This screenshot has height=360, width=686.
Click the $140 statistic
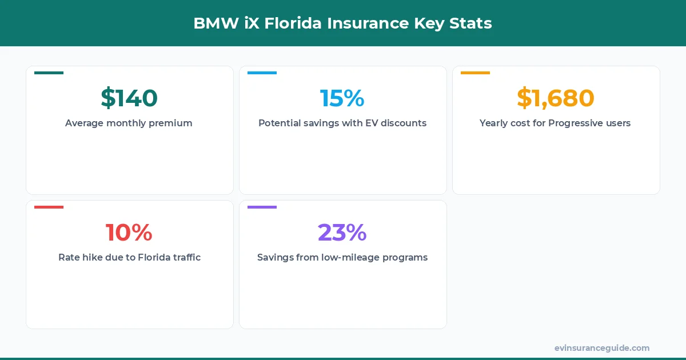coord(129,98)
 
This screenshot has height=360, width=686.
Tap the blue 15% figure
coord(342,98)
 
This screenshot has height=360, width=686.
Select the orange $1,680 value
coord(556,98)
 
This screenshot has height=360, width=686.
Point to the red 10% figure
coord(129,233)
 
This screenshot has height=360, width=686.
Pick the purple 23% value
coord(342,233)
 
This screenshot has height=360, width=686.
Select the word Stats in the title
coord(472,23)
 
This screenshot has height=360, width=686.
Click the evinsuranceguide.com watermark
coord(602,348)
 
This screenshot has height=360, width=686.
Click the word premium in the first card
coord(170,123)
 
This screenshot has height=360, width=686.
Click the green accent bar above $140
coord(49,73)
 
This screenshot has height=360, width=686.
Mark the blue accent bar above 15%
coord(262,73)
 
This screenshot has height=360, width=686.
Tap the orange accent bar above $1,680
coord(475,73)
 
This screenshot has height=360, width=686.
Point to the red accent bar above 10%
coord(49,207)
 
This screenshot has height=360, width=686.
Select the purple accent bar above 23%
coord(262,207)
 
